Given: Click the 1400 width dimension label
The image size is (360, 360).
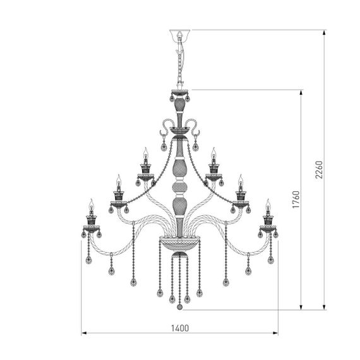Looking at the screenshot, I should [181, 327].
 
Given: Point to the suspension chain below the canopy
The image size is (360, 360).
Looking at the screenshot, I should [180, 63].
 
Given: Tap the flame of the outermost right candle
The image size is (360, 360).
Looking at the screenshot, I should [268, 203].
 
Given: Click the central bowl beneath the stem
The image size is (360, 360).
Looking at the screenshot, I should [180, 241].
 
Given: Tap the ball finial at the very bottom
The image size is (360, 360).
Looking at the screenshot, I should [180, 307].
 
